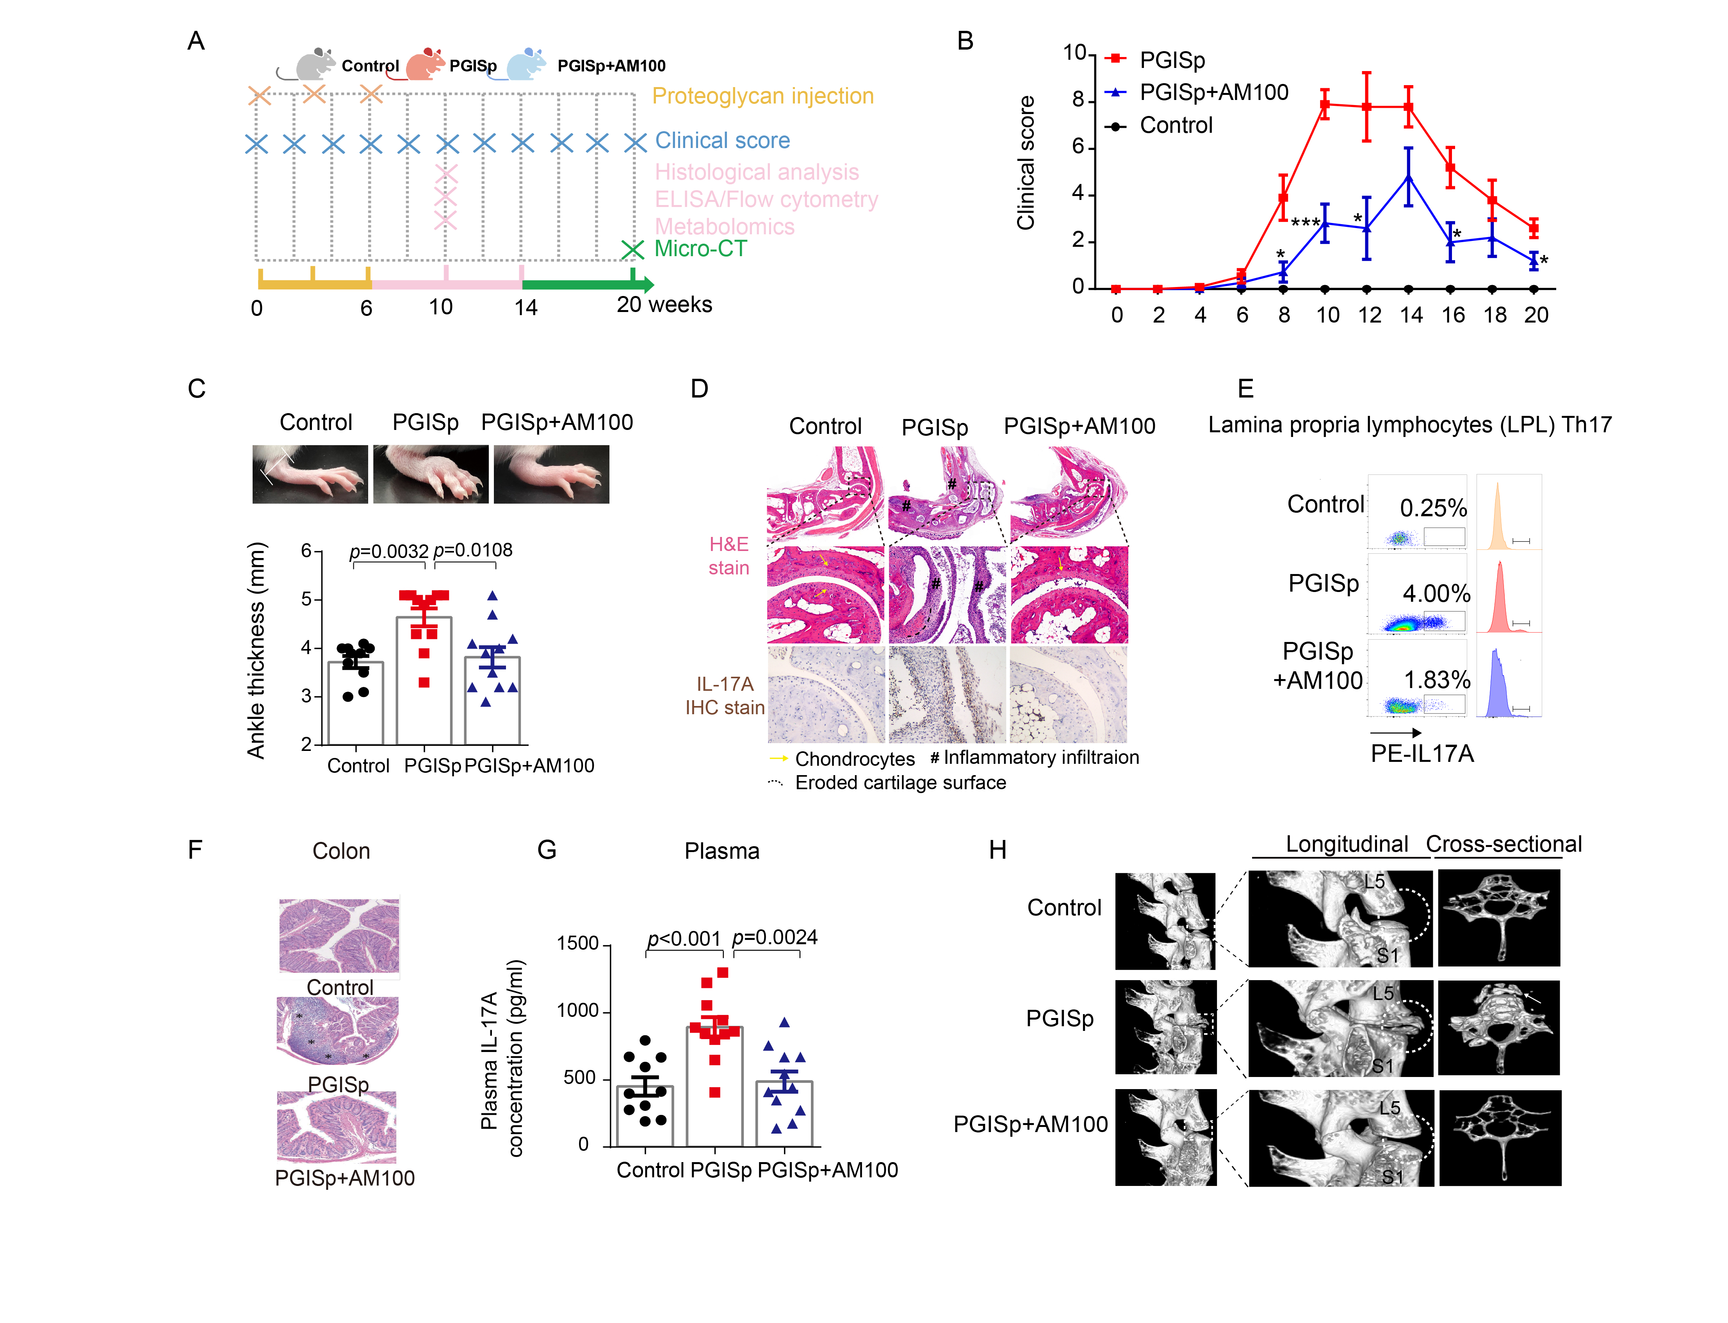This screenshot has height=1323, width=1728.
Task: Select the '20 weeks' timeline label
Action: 664,305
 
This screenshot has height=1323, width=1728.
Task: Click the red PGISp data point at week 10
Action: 1325,104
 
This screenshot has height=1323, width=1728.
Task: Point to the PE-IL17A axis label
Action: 1422,754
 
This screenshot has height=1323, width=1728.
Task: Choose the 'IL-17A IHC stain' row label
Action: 724,695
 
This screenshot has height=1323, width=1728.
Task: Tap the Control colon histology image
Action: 339,936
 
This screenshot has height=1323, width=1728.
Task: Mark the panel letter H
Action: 998,850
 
